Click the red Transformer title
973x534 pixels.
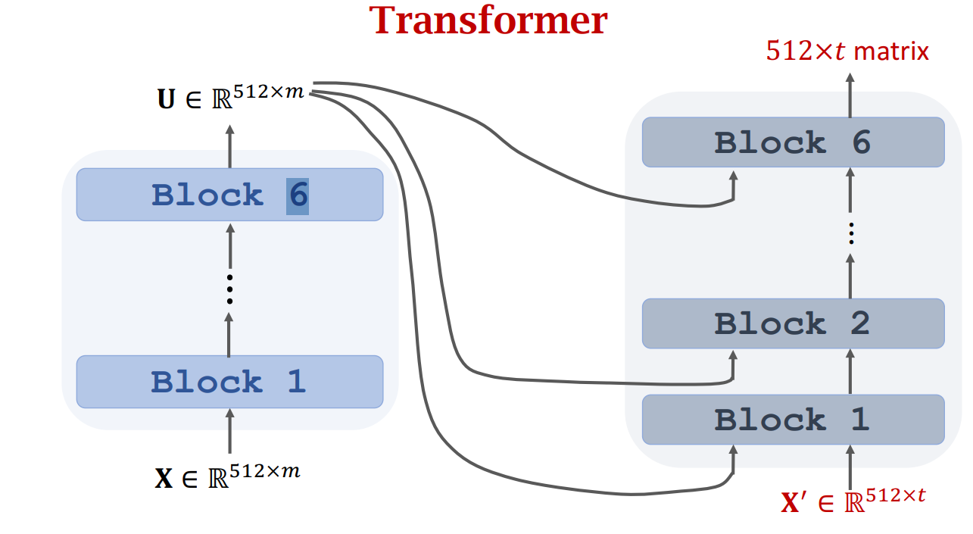(x=489, y=21)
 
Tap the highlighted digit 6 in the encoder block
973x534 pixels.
(x=298, y=195)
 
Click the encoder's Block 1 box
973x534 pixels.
(x=229, y=382)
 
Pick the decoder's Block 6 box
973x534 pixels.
(x=793, y=142)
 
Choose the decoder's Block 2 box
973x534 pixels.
(x=793, y=323)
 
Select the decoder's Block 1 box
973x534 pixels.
(x=793, y=419)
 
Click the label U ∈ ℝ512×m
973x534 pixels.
(x=230, y=97)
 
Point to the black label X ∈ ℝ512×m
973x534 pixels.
(x=227, y=476)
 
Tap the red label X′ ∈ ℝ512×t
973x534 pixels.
(x=853, y=501)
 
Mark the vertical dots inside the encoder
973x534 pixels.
(x=229, y=289)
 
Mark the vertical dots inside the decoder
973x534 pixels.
(x=850, y=233)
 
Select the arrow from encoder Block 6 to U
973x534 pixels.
(x=229, y=144)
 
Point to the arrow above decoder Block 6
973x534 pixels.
(x=850, y=95)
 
